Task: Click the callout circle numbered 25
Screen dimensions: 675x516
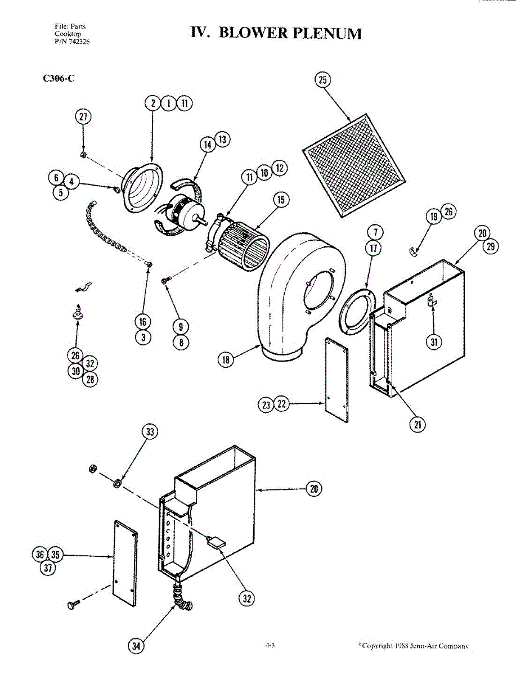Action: point(322,80)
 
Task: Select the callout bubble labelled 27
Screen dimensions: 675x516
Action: point(83,117)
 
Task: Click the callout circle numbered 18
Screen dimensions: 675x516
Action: point(226,359)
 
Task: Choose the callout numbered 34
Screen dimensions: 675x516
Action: point(136,646)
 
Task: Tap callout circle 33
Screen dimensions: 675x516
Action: point(149,432)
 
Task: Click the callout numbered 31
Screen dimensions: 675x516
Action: point(434,341)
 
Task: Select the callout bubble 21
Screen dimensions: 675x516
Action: point(417,425)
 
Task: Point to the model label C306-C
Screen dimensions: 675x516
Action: point(59,78)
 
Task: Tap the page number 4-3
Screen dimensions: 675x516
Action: point(270,645)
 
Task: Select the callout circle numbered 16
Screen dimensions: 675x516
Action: point(143,322)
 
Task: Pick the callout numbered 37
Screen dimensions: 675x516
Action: point(49,568)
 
